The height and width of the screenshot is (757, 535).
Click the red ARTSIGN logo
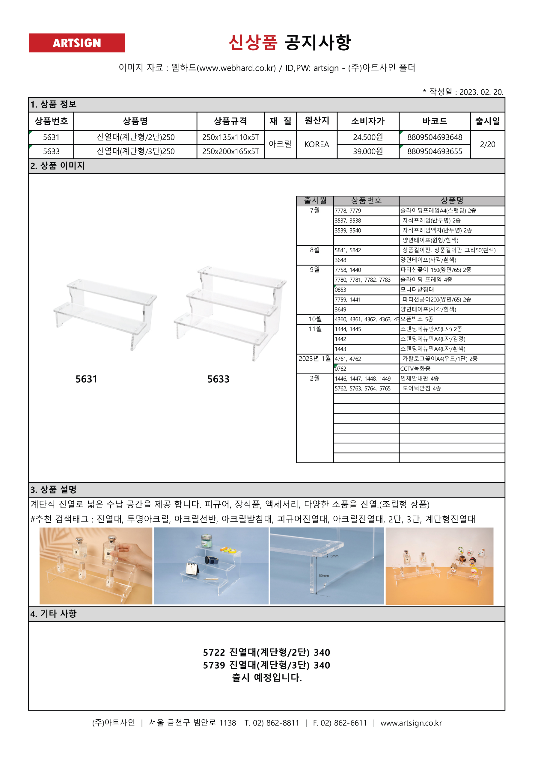(76, 43)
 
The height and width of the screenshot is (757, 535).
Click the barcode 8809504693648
(434, 137)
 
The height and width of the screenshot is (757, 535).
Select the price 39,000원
(368, 151)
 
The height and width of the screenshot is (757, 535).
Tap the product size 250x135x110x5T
(230, 137)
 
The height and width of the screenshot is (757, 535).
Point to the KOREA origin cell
(316, 144)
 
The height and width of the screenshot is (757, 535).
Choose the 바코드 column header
(434, 121)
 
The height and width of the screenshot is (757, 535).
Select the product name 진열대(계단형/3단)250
(135, 151)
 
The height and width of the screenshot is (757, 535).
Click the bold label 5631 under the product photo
(86, 379)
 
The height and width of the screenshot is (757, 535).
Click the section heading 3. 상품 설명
(53, 489)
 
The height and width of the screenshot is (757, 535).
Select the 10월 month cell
(315, 319)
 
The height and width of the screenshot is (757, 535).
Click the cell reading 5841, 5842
(348, 250)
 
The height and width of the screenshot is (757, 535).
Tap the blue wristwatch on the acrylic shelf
(211, 560)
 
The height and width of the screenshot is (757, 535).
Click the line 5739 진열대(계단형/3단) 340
(266, 665)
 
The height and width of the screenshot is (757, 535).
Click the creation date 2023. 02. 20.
(481, 92)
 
